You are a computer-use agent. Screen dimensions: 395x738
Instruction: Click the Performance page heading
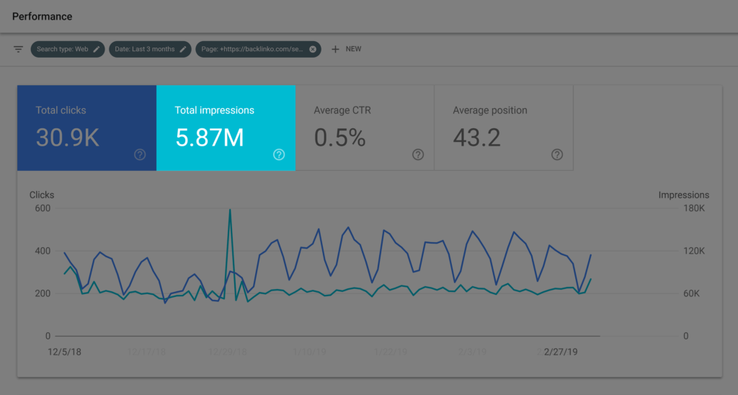(42, 16)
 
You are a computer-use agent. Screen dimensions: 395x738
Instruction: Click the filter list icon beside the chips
(19, 49)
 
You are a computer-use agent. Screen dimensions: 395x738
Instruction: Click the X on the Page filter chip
(313, 49)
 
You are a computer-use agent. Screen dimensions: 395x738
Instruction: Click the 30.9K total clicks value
(68, 138)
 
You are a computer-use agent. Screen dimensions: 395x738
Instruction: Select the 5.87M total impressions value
(210, 138)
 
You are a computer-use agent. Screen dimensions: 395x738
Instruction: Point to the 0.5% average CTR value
(339, 138)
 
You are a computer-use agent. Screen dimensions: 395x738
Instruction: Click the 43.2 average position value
(476, 138)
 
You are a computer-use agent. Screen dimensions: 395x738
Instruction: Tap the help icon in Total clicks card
(140, 154)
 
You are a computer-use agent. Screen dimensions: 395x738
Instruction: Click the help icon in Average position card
(557, 154)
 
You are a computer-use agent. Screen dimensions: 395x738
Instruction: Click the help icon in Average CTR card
(418, 154)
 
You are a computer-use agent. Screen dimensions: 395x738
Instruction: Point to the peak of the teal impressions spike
(230, 210)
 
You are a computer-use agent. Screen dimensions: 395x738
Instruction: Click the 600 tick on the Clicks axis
(42, 208)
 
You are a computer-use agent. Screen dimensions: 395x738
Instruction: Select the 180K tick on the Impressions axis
(694, 208)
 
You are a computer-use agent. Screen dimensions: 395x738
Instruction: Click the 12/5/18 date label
(63, 352)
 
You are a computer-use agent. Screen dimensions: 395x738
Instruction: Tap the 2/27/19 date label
(561, 352)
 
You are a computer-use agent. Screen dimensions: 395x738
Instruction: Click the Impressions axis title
(683, 195)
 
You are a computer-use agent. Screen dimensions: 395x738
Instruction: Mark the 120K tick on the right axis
(694, 251)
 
